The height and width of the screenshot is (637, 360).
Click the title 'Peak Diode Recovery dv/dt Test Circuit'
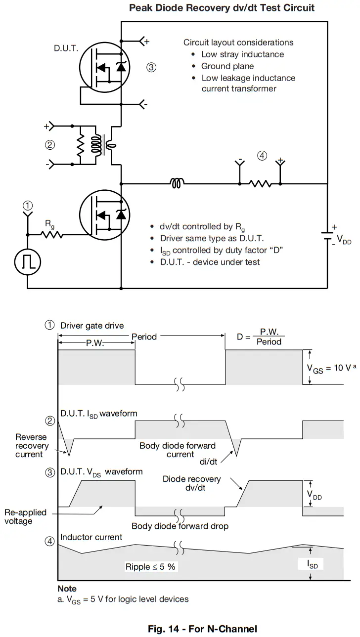click(222, 8)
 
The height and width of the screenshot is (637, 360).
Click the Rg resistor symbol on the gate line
click(52, 235)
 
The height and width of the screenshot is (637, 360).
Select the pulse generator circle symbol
click(28, 262)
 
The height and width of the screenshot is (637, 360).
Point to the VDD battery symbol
click(326, 237)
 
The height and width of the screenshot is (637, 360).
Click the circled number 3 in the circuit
click(151, 68)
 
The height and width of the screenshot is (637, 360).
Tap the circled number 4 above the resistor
click(262, 156)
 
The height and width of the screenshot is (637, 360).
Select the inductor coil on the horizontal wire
click(178, 184)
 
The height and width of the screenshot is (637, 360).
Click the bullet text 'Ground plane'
click(227, 66)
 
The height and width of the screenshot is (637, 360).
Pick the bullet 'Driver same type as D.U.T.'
click(212, 238)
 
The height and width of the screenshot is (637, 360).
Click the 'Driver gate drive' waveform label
click(92, 326)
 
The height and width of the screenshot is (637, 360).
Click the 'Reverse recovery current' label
click(31, 446)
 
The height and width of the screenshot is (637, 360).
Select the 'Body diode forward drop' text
click(180, 526)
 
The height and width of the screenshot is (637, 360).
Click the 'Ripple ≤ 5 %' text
click(150, 567)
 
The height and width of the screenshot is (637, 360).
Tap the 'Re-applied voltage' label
click(25, 516)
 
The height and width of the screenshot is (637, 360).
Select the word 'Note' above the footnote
click(67, 589)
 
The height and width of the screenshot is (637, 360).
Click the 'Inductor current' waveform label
click(91, 537)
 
